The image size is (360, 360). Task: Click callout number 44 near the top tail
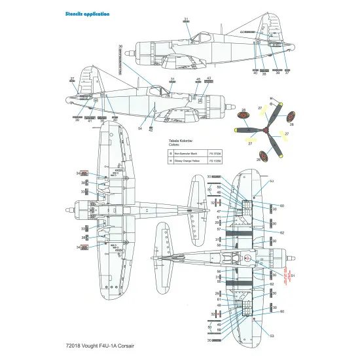(x=242, y=31)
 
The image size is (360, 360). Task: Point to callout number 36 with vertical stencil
(x=121, y=46)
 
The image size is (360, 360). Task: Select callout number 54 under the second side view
(x=139, y=128)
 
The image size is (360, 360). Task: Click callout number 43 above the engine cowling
(x=209, y=79)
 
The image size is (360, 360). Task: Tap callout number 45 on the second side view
(x=198, y=79)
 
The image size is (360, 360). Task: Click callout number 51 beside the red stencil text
(x=293, y=276)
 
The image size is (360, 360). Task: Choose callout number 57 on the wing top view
(x=218, y=230)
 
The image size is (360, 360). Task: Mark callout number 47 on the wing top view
(x=218, y=212)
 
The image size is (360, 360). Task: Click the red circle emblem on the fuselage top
(x=247, y=259)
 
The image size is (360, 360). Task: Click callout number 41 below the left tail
(x=90, y=120)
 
